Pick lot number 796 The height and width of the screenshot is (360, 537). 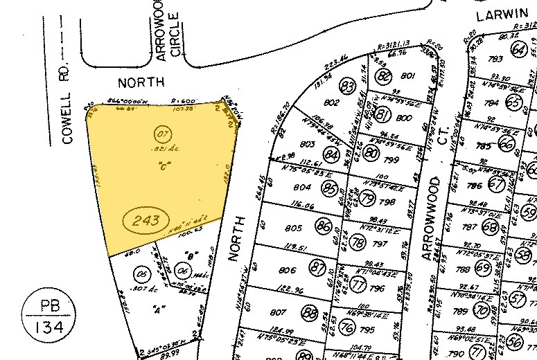click(377, 289)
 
